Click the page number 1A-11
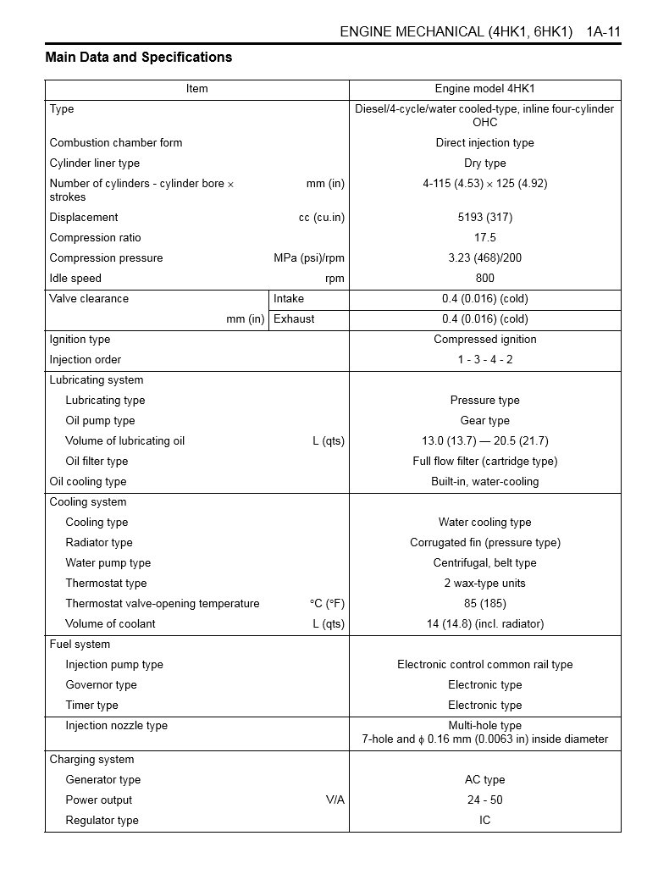click(603, 32)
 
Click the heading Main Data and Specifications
click(138, 58)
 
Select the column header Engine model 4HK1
click(484, 89)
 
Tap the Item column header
click(196, 89)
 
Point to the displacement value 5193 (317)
click(484, 218)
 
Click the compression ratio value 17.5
click(484, 238)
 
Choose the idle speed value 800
click(484, 279)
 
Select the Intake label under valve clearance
click(289, 299)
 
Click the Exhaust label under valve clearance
click(294, 319)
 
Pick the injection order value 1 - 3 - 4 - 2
click(484, 360)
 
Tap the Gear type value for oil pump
click(484, 421)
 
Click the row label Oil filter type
click(97, 462)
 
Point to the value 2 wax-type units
click(484, 584)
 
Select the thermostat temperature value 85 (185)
click(484, 604)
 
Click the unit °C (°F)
click(327, 604)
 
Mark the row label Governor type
click(101, 685)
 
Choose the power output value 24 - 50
click(484, 800)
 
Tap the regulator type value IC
click(484, 821)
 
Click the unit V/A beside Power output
click(335, 800)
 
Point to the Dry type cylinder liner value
click(484, 163)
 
